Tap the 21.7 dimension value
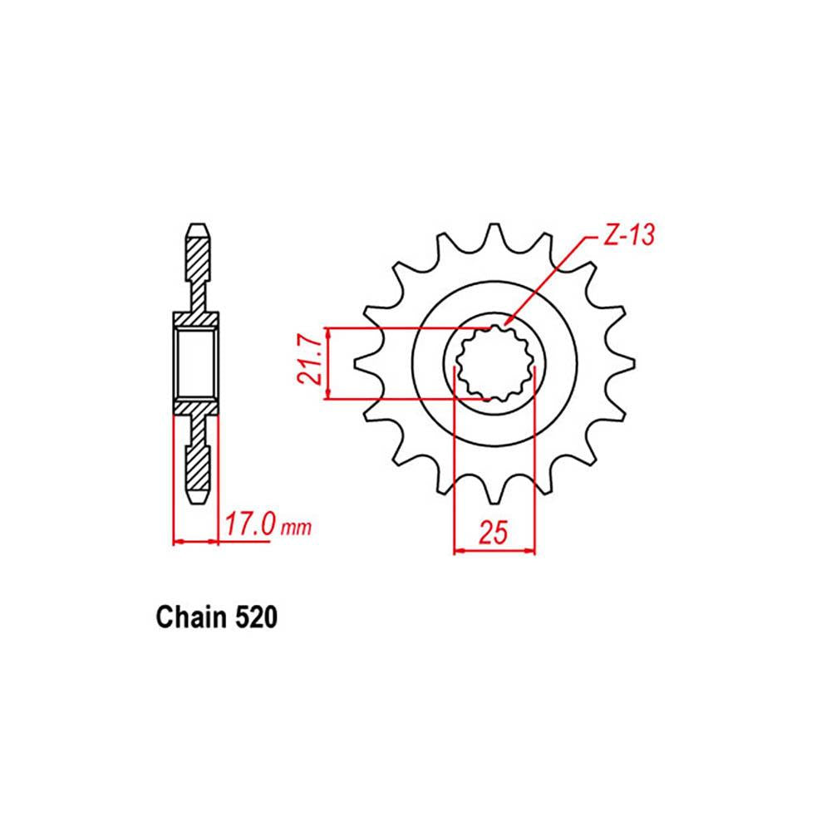pyautogui.click(x=308, y=363)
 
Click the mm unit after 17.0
pyautogui.click(x=296, y=528)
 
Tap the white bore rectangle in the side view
pyautogui.click(x=196, y=363)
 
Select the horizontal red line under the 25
pyautogui.click(x=494, y=549)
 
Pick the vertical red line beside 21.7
pyautogui.click(x=330, y=363)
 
